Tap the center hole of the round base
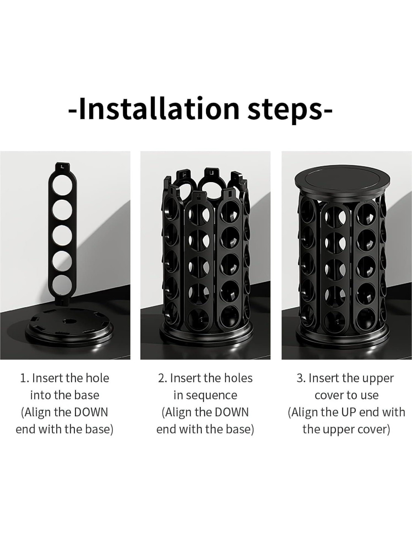tap(67, 321)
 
